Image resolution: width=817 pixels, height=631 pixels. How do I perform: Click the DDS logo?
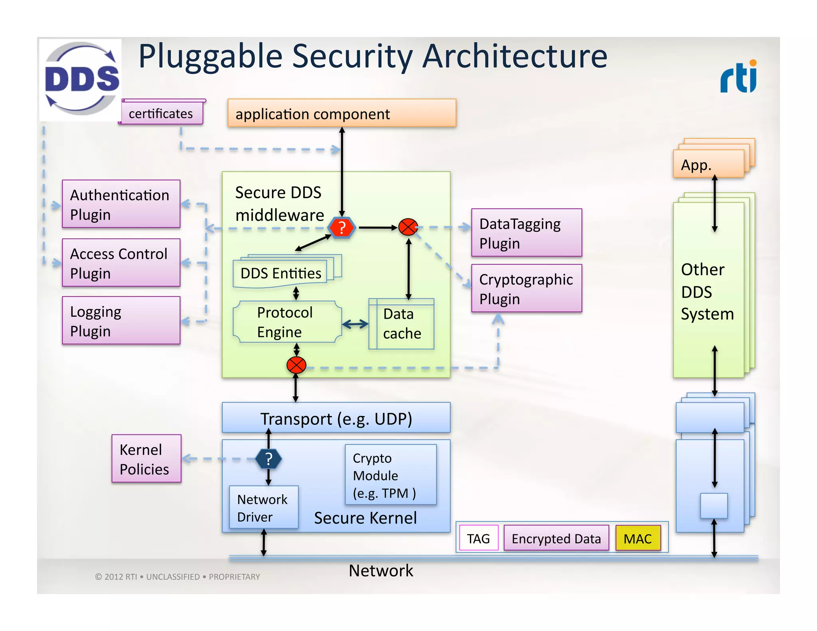coord(81,79)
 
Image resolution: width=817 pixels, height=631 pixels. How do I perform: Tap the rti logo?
coord(738,77)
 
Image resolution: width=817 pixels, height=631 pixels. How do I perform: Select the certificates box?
coord(162,113)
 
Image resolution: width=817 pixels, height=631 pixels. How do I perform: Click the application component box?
coord(341,113)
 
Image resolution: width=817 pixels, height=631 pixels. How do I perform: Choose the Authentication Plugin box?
coord(121,204)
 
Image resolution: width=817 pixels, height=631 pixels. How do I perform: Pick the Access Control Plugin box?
coord(121,263)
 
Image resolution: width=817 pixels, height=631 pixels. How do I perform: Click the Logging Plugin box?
coord(121,320)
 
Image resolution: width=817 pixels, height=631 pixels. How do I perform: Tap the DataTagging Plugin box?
coord(526,233)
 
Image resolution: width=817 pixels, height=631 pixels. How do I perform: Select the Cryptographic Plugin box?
coord(526,288)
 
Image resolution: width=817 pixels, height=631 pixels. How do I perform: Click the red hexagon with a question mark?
coord(342,228)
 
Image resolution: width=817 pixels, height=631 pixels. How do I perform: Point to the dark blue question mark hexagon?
coord(268,459)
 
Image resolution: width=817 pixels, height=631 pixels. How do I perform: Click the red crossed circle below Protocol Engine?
coord(296,365)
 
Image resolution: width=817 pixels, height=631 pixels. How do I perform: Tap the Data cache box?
coord(401,324)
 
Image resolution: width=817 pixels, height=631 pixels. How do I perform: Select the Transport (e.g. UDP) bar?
coord(336,418)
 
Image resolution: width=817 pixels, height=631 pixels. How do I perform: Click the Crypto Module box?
coord(391,475)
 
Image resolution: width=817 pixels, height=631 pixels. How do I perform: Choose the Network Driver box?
coord(263,507)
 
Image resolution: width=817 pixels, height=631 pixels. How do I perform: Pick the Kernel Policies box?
coord(146,459)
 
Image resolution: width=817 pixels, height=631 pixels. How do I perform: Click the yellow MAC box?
coord(637,538)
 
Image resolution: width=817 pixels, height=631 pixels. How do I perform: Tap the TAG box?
coord(478,538)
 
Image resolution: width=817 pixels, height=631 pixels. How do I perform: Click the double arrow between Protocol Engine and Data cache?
coord(355,324)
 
